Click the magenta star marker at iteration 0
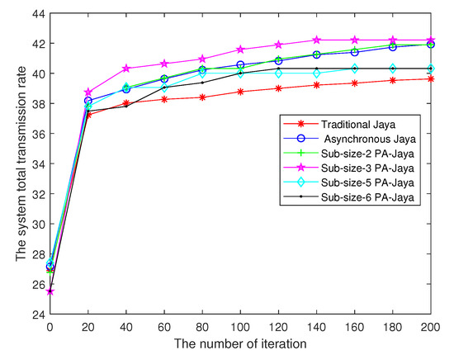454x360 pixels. (50, 291)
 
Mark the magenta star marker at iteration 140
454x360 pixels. (316, 40)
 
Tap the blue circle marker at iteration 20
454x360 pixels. (88, 101)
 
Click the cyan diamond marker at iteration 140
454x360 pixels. (316, 73)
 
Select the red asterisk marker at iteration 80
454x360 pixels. (202, 97)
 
